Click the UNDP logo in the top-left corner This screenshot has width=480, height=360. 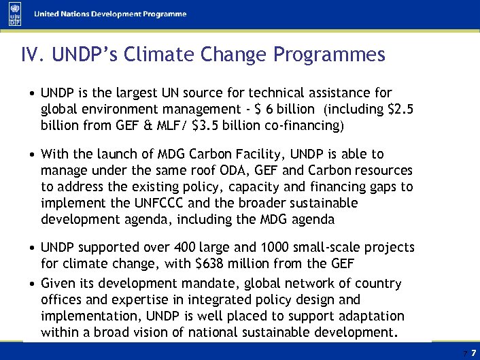14,14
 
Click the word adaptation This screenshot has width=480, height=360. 368,316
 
